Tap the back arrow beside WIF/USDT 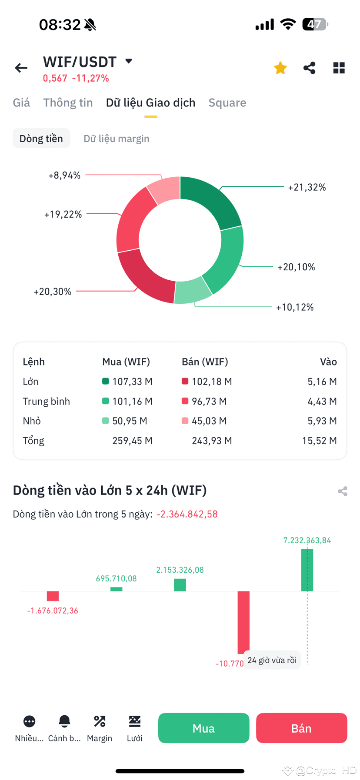pyautogui.click(x=21, y=68)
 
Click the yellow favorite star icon pyautogui.click(x=280, y=68)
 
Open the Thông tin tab pyautogui.click(x=68, y=103)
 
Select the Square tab pyautogui.click(x=227, y=103)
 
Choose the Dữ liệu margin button pyautogui.click(x=116, y=139)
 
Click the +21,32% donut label pyautogui.click(x=307, y=187)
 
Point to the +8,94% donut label pyautogui.click(x=64, y=175)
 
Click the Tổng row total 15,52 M pyautogui.click(x=319, y=441)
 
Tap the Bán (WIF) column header pyautogui.click(x=205, y=362)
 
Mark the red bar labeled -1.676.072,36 pyautogui.click(x=53, y=596)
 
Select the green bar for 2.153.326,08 pyautogui.click(x=180, y=584)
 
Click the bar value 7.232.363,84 pyautogui.click(x=307, y=540)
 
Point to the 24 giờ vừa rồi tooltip pyautogui.click(x=272, y=660)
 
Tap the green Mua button pyautogui.click(x=203, y=728)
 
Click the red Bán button pyautogui.click(x=301, y=728)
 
